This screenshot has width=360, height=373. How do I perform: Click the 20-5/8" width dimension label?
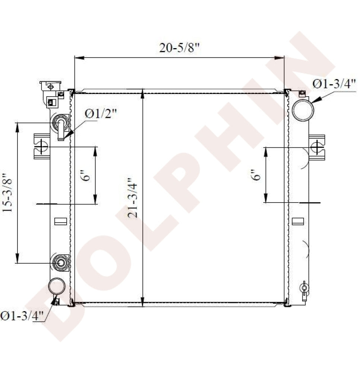(x=179, y=48)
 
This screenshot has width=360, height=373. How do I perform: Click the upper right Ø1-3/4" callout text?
(x=334, y=84)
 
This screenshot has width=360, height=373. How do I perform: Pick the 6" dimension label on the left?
(x=86, y=175)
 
